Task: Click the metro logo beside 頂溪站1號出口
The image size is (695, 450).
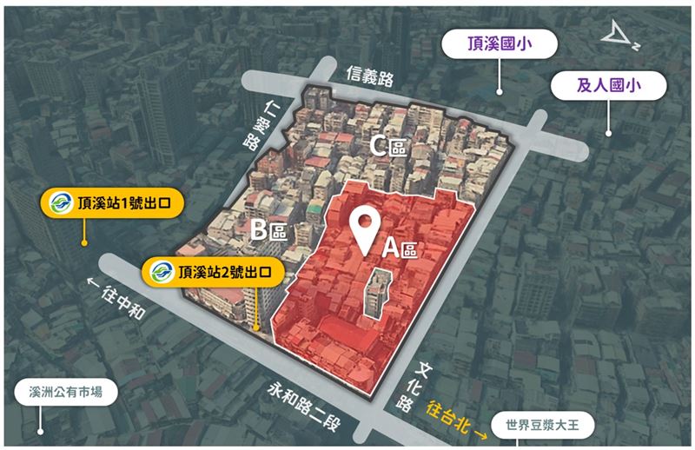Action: tap(59, 202)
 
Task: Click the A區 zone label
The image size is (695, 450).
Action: tap(400, 248)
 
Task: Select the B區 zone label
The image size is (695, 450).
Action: tap(269, 231)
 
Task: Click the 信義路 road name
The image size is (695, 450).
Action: tap(370, 77)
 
